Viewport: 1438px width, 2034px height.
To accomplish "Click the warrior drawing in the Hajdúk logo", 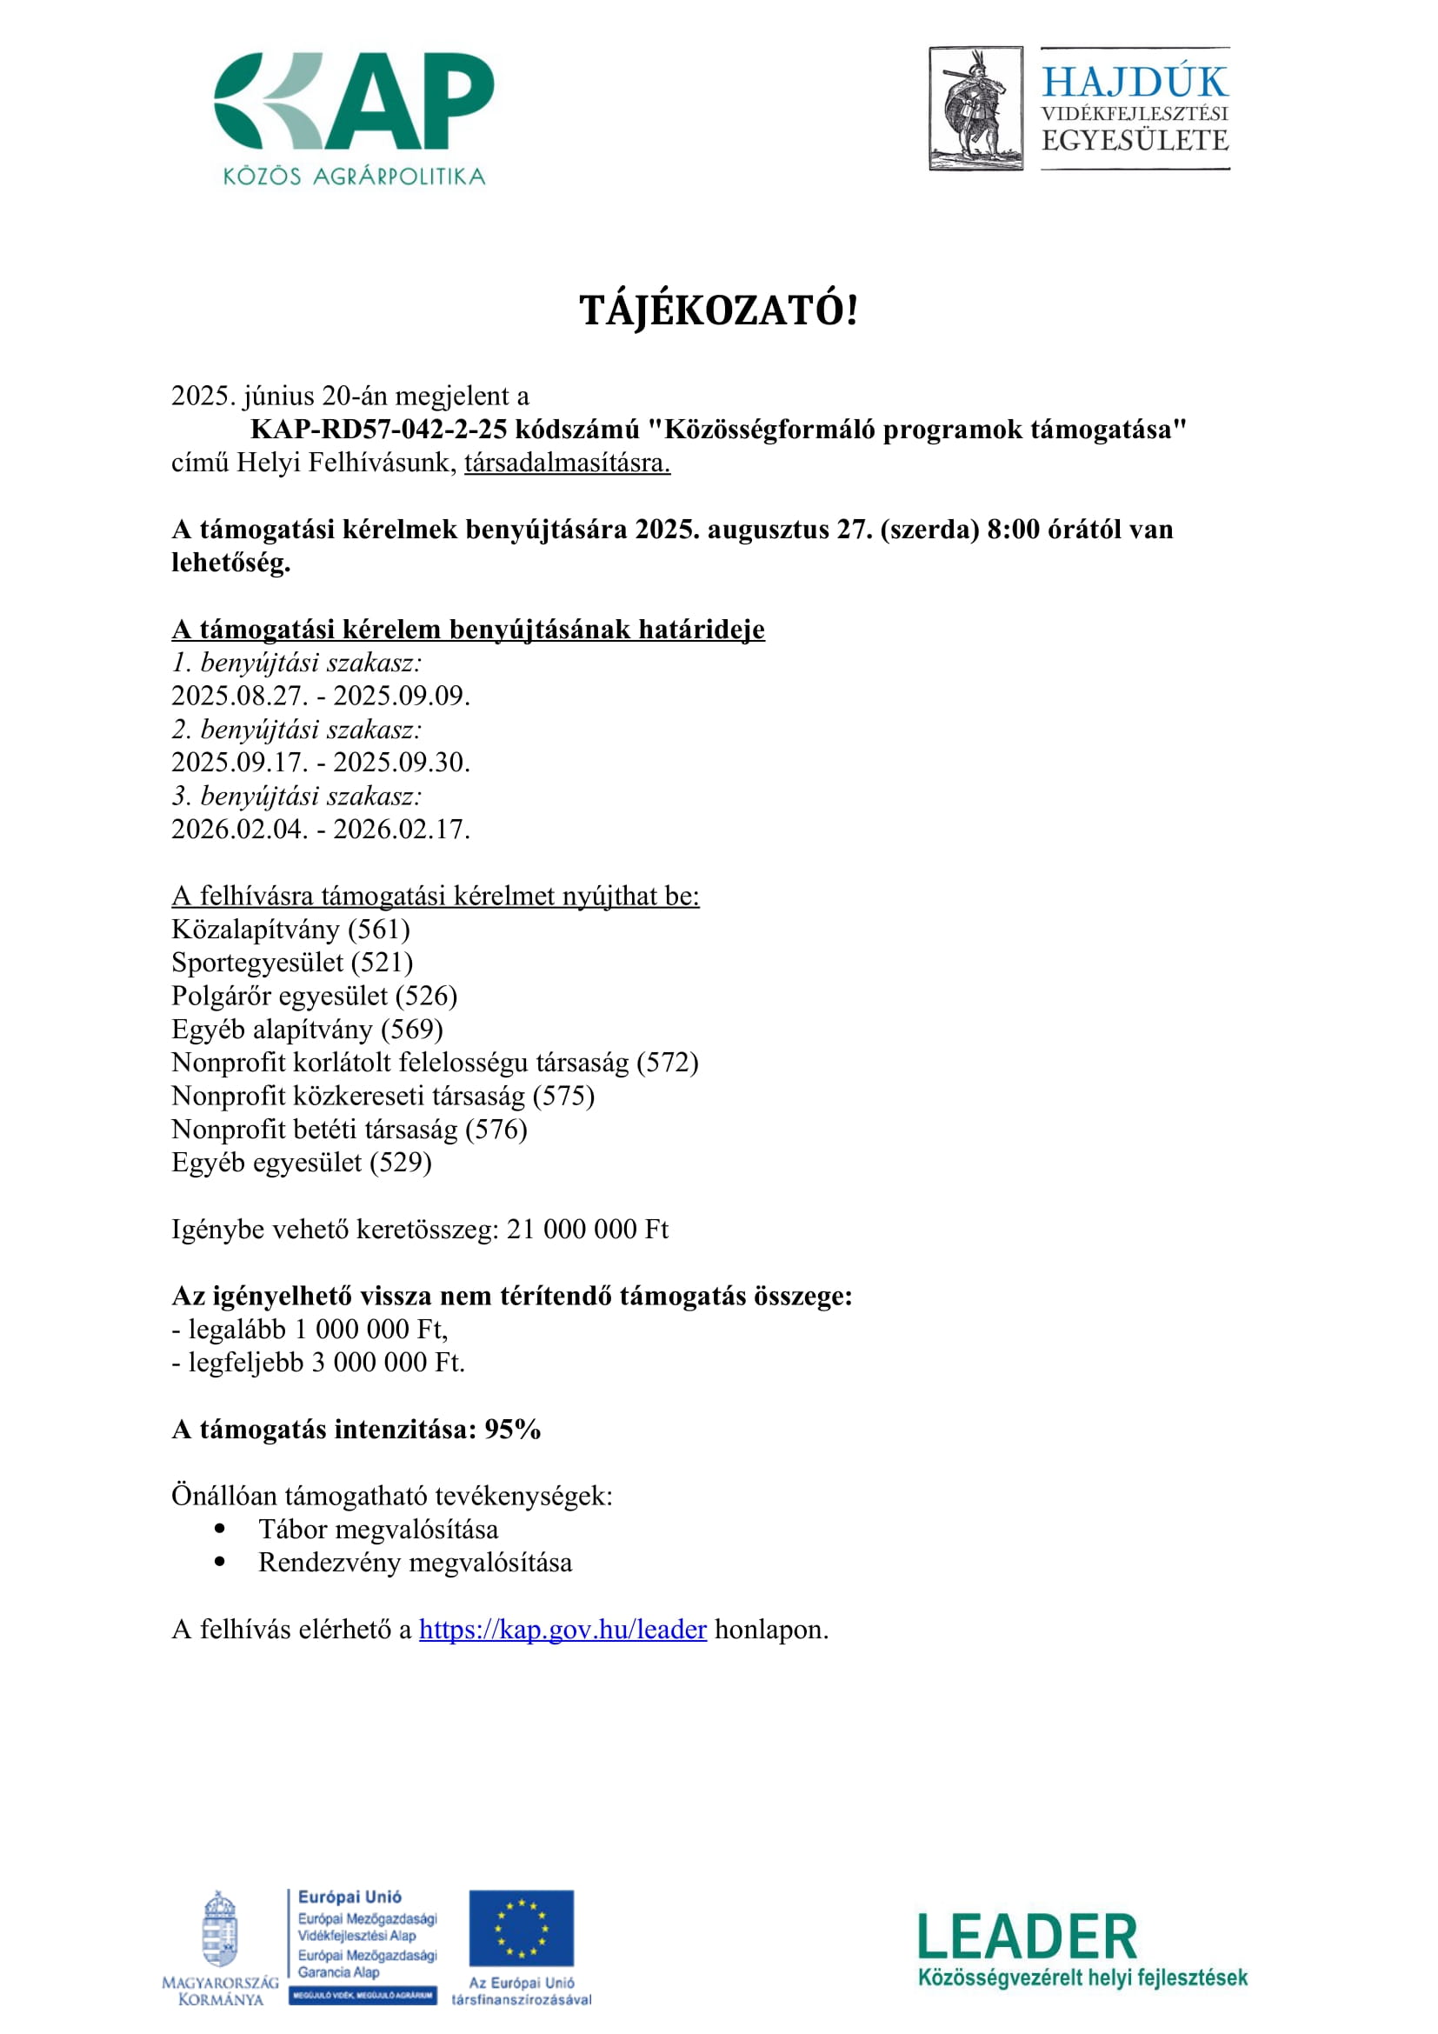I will pos(975,108).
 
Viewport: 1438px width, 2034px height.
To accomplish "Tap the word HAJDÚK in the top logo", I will pos(1135,82).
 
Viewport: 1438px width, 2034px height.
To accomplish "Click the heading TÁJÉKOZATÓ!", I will pos(718,311).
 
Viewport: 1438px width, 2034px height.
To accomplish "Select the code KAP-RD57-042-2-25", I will pos(379,430).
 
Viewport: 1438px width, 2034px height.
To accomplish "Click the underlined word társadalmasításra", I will pos(567,463).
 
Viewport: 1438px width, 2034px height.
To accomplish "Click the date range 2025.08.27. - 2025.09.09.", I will pos(321,696).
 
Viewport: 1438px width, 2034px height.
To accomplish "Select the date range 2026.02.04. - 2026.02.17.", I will pos(321,830).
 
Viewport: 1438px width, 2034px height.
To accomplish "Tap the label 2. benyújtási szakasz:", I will pos(296,729).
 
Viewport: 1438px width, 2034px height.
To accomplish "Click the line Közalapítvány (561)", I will pos(290,930).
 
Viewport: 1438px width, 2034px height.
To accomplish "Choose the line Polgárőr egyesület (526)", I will pos(315,996).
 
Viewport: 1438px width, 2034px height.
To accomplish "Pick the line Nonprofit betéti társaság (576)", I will pos(349,1130).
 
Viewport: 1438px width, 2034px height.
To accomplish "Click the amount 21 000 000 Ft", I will pos(587,1230).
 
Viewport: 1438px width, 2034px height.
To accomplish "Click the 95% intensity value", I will pos(513,1430).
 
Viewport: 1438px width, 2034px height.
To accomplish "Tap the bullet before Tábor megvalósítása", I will pos(221,1529).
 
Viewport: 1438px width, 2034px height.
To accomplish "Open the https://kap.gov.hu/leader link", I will pos(563,1630).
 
